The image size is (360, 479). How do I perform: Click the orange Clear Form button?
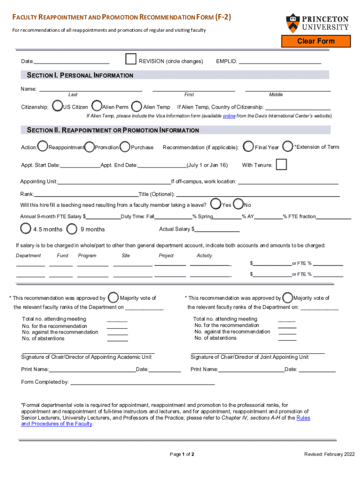tap(316, 41)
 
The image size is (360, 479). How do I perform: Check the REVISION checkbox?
tap(131, 59)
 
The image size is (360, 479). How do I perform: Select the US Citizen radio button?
tap(57, 106)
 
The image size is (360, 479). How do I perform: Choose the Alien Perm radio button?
tap(97, 106)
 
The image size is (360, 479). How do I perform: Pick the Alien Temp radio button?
tap(137, 106)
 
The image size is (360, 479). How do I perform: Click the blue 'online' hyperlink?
tap(229, 116)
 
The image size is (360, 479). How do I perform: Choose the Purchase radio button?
tap(125, 147)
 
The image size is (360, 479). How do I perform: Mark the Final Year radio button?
tap(249, 147)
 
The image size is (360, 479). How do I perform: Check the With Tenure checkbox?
tap(281, 165)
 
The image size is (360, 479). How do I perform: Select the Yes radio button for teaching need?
tap(216, 204)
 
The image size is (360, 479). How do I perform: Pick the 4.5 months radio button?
tap(26, 229)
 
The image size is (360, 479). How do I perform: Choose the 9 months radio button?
tap(72, 229)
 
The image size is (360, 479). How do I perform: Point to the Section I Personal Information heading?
tap(80, 75)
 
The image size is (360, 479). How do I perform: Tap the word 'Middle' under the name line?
tap(276, 94)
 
